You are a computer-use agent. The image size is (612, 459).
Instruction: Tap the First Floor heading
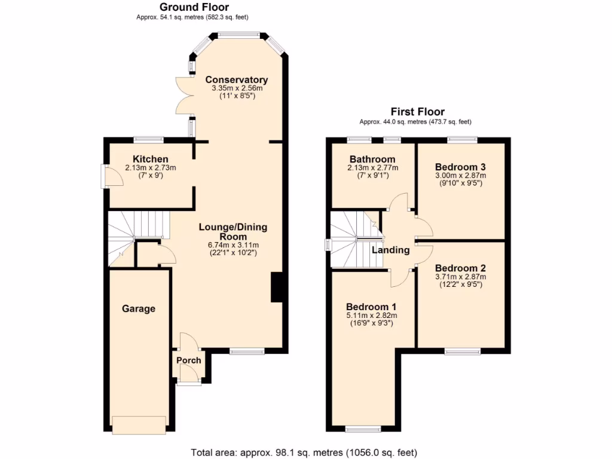(x=417, y=112)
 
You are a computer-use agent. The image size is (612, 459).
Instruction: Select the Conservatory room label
(x=237, y=80)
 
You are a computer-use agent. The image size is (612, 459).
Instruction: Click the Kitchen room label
(x=150, y=159)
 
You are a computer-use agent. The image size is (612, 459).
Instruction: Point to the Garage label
(x=139, y=309)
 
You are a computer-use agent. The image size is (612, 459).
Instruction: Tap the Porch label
(x=189, y=360)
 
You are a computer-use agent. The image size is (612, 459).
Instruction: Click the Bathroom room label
(x=372, y=160)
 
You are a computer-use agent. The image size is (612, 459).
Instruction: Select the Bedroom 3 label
(x=460, y=167)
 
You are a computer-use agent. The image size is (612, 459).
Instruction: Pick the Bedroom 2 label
(x=460, y=268)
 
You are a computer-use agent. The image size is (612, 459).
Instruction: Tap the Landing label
(x=391, y=250)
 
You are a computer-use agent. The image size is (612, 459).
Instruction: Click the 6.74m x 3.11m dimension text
(x=233, y=245)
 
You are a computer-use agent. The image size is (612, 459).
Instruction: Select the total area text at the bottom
(x=304, y=452)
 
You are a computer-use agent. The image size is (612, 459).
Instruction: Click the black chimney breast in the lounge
(x=277, y=287)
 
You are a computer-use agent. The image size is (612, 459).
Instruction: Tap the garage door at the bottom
(x=139, y=425)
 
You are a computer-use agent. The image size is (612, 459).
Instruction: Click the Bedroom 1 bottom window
(x=363, y=429)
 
